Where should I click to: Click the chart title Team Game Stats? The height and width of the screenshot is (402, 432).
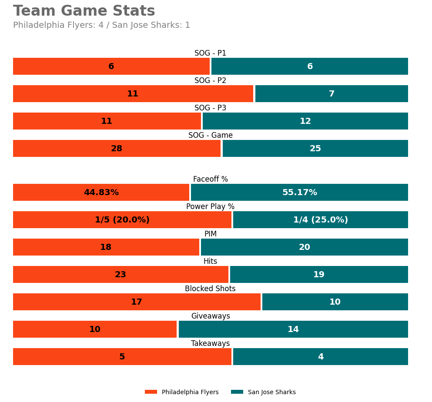point(84,11)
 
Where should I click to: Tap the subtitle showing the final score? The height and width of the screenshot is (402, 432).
point(101,25)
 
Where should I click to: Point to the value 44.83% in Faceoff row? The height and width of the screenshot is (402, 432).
point(101,193)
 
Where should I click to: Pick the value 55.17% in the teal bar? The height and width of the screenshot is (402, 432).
point(299,193)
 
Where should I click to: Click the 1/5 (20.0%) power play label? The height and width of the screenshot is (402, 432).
point(122,220)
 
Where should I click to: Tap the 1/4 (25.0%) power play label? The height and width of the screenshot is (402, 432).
point(320,220)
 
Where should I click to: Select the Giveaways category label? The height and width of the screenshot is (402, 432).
point(210,316)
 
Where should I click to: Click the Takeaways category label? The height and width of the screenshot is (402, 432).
point(210,344)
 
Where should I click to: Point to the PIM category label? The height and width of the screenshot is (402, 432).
point(210,234)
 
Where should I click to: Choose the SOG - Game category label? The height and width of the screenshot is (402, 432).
point(210,136)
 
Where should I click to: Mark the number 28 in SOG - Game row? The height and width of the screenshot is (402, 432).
point(117,149)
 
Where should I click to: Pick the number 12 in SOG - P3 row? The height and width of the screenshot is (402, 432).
point(305,121)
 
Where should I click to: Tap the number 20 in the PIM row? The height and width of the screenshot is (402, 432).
point(304,247)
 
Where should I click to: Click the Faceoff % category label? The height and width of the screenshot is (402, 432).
point(210,179)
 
